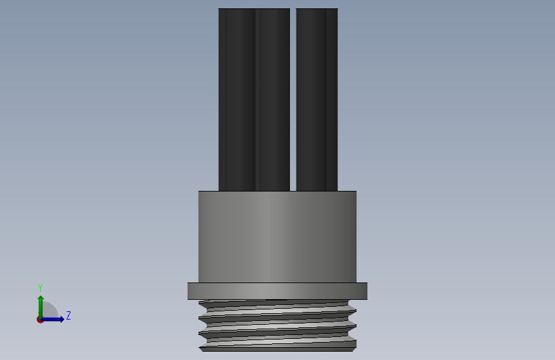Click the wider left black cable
(254, 99)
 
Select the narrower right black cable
(317, 99)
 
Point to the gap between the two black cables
(293, 99)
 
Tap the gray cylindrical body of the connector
(278, 237)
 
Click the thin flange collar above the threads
(278, 291)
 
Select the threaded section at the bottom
(278, 325)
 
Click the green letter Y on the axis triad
(40, 288)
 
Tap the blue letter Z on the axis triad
(68, 315)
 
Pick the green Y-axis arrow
(41, 307)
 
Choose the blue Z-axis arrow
(52, 319)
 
